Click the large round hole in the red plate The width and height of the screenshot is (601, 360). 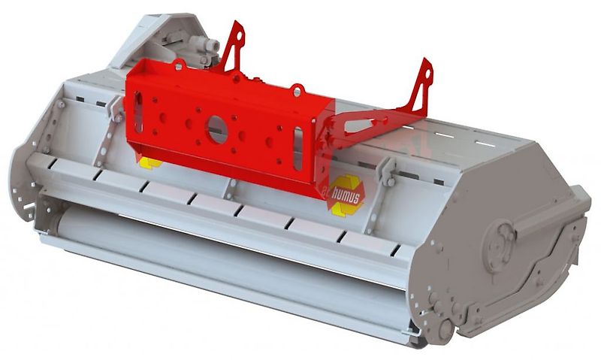pos(217,127)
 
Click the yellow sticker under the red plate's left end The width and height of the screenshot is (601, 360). pos(149,162)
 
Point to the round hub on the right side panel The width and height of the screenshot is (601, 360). pos(498,242)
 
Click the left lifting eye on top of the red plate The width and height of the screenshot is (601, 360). pos(180,65)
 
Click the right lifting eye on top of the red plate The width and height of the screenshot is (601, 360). pos(297,90)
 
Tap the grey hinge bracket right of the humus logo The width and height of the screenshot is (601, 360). pos(387,171)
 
